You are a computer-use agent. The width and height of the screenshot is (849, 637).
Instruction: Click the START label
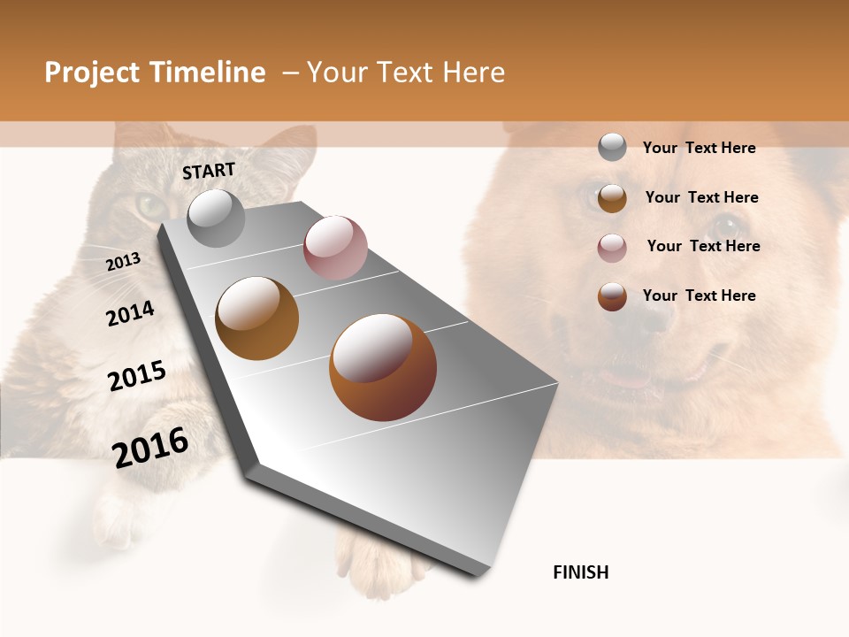[209, 171]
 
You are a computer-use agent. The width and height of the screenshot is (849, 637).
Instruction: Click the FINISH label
[580, 572]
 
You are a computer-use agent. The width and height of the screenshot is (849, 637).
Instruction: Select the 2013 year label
[123, 262]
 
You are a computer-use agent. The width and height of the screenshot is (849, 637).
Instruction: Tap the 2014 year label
[130, 313]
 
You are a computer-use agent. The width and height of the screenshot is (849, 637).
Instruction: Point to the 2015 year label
[137, 376]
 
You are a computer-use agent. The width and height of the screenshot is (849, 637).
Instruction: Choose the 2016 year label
[150, 448]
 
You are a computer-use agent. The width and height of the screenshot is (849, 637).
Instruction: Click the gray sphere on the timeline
[216, 218]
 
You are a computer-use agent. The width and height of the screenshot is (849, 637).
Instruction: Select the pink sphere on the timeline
[335, 248]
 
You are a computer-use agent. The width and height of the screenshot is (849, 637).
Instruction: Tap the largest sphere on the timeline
[383, 366]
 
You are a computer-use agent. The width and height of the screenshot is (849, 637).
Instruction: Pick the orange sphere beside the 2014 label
[256, 318]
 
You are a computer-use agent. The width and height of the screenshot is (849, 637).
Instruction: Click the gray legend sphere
[612, 147]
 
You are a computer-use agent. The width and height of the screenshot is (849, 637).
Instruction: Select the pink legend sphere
[612, 248]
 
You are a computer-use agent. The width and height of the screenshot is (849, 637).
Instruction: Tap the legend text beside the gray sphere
[699, 148]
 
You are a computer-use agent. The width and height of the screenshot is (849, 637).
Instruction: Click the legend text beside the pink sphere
[703, 246]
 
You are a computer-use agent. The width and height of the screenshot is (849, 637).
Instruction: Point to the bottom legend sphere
[612, 296]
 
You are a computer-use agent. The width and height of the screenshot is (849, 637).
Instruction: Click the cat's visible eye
[150, 207]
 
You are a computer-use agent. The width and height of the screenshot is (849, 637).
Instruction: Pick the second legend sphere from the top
[612, 198]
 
